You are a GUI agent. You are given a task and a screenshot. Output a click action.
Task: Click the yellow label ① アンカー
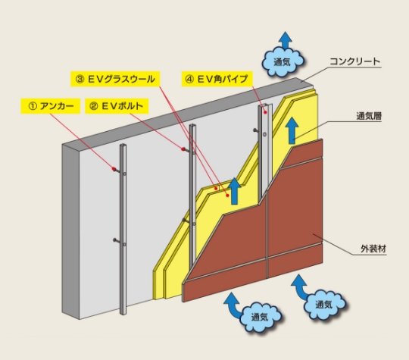[x=51, y=106]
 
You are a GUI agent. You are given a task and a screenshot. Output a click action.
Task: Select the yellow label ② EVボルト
[x=117, y=106]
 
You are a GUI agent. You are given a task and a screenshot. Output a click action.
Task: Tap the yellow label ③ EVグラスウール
[x=115, y=79]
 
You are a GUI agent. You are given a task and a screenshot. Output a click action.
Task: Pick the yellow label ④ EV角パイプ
[x=217, y=79]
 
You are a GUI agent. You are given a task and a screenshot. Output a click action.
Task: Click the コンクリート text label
[x=355, y=61]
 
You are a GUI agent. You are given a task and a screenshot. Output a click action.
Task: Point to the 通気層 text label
[x=369, y=116]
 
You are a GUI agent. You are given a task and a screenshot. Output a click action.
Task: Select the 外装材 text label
[x=373, y=249]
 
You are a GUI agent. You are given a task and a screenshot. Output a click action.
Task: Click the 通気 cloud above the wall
[x=283, y=61]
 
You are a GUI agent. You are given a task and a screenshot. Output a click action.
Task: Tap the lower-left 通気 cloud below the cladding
[x=260, y=317]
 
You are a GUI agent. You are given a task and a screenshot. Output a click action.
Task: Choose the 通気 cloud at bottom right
[x=324, y=304]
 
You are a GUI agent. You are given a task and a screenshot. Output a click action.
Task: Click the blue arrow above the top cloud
[x=285, y=40]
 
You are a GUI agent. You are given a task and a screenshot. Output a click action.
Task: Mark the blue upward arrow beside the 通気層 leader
[x=292, y=130]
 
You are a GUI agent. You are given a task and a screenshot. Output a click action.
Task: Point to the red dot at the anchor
[x=114, y=169]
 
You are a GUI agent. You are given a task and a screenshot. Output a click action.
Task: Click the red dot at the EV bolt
[x=183, y=149]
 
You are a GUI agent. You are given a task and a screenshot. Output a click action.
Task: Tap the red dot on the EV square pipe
[x=265, y=112]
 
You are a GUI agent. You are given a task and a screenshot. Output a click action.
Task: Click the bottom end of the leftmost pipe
[x=123, y=314]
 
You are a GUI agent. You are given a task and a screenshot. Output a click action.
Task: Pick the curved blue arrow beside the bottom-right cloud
[x=300, y=286]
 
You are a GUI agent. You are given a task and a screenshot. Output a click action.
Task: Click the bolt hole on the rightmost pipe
[x=265, y=134]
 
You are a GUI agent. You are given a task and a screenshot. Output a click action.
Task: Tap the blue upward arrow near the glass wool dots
[x=235, y=191]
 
